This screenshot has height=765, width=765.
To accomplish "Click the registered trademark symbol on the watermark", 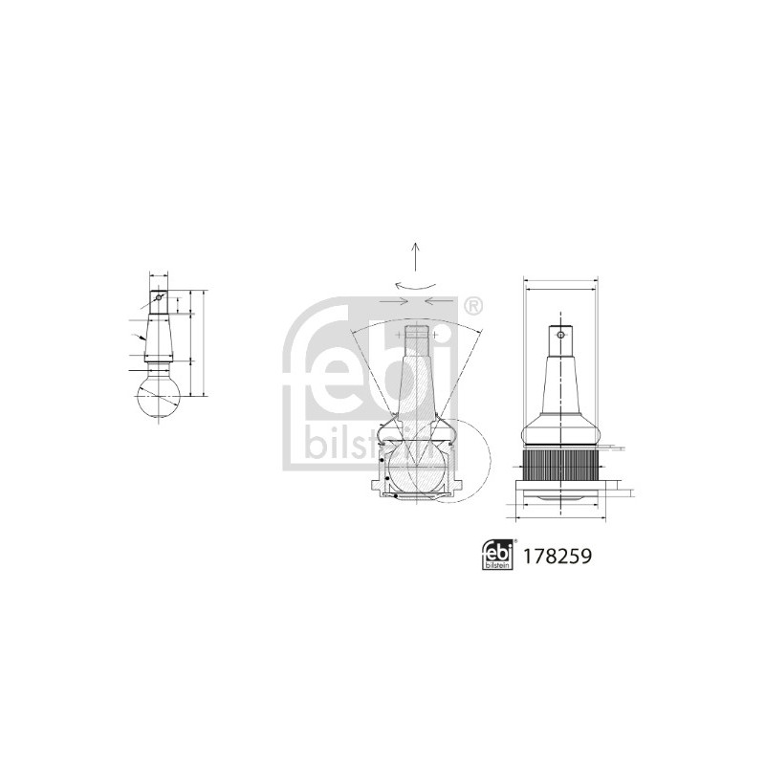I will tap(472, 306).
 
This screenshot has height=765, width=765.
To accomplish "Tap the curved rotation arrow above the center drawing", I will tap(414, 284).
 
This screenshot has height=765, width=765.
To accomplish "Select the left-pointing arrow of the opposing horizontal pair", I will tap(439, 301).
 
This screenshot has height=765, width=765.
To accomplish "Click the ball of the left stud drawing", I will tap(157, 395).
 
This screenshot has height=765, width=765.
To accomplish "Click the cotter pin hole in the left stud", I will tap(159, 296).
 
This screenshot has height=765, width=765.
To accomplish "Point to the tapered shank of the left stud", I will tap(158, 333).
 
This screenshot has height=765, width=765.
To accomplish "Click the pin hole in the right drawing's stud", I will tap(560, 336).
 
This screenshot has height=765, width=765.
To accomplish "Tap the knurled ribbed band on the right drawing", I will tap(560, 466).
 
